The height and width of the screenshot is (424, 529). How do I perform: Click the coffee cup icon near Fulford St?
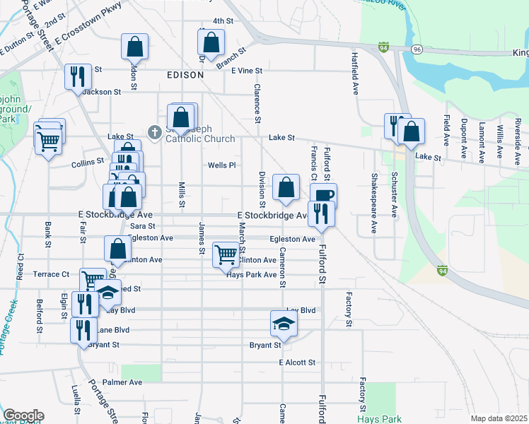[x=323, y=195]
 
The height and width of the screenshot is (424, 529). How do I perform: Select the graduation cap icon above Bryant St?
[x=284, y=323]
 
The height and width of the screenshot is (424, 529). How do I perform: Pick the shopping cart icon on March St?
[x=226, y=254]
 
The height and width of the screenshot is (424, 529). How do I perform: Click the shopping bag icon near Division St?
[x=286, y=188]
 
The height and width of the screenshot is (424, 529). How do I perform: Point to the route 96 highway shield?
[x=417, y=49]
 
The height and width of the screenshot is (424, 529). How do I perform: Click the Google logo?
[x=23, y=416]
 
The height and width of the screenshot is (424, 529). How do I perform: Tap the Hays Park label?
[x=378, y=419]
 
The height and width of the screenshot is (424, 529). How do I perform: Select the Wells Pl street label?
[x=221, y=165]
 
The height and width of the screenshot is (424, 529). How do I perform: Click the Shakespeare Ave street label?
[x=373, y=203]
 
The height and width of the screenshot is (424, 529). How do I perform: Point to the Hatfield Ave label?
[x=354, y=71]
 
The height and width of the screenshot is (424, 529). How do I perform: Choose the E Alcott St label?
[x=297, y=363]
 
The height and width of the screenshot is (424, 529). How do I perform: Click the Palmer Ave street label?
[x=122, y=382]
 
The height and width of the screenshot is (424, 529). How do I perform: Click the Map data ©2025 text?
[x=499, y=418]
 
